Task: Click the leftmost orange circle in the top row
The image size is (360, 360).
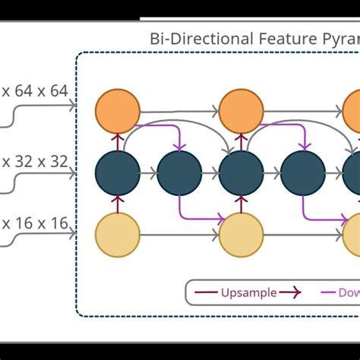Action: click(118, 111)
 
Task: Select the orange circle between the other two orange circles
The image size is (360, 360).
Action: click(242, 111)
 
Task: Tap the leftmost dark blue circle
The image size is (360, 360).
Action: click(118, 173)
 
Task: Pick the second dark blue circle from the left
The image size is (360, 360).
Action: click(179, 173)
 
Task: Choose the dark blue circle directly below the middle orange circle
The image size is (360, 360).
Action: click(242, 173)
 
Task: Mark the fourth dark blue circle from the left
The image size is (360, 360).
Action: click(303, 173)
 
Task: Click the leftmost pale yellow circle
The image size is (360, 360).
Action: click(118, 235)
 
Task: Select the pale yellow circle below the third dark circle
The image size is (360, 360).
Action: click(242, 235)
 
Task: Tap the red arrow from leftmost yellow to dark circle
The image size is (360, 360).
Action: click(118, 204)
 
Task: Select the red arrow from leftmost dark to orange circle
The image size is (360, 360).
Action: click(118, 142)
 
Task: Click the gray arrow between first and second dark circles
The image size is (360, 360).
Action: click(149, 173)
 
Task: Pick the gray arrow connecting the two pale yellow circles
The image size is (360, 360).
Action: click(179, 235)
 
